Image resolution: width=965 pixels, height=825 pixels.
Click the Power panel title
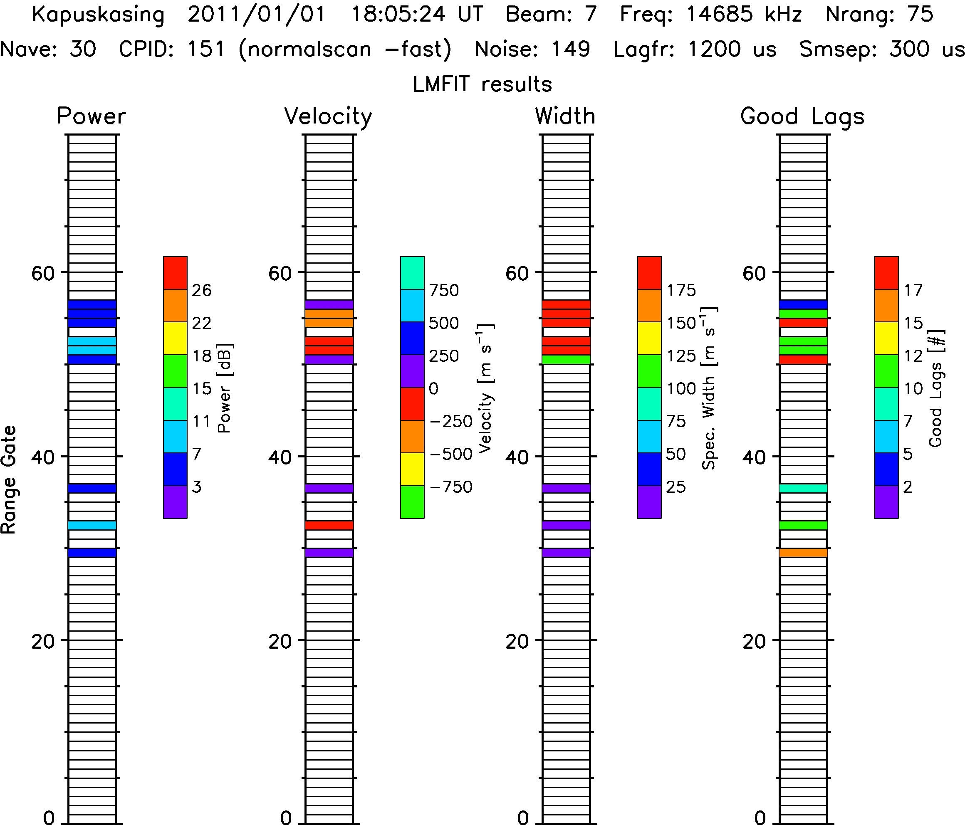91,116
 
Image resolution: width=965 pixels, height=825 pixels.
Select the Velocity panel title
328,116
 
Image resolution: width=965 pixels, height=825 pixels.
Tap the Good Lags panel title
802,116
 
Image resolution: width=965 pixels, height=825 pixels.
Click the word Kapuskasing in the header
98,15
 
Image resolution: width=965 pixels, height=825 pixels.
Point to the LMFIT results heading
482,84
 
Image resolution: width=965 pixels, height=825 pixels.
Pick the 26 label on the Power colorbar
202,291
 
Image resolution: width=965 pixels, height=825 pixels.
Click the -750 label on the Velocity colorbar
451,487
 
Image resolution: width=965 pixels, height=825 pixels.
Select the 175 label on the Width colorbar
681,291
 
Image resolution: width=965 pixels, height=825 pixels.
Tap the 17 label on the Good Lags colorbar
913,291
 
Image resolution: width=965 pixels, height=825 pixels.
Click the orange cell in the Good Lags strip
803,553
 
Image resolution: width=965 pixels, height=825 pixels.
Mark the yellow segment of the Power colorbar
175,338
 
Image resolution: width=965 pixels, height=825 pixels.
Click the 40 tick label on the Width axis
517,457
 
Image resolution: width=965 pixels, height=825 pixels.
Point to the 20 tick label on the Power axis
43,642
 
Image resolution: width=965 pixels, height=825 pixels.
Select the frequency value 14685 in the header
719,15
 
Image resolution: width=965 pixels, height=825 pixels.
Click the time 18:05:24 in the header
398,15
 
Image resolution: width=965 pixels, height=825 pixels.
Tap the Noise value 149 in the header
571,49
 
